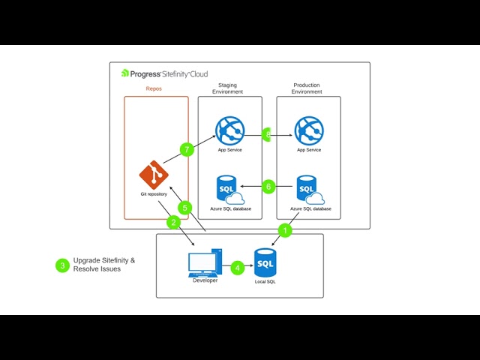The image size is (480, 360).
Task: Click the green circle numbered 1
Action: click(x=285, y=229)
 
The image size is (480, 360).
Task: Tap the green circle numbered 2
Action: click(x=173, y=223)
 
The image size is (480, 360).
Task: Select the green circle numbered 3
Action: click(x=62, y=265)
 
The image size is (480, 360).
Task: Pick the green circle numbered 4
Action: click(x=237, y=267)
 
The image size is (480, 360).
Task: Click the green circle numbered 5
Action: click(x=185, y=207)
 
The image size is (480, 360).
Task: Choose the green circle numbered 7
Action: click(x=187, y=149)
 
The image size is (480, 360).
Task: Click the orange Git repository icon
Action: click(x=154, y=175)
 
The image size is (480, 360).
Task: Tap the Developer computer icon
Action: click(x=203, y=262)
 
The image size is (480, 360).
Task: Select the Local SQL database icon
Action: click(x=265, y=262)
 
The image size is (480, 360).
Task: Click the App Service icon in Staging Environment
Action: click(x=230, y=130)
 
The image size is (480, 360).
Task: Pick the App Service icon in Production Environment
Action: click(x=308, y=130)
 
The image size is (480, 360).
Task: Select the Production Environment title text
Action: click(x=307, y=88)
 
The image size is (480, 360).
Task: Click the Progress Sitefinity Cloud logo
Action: click(x=164, y=73)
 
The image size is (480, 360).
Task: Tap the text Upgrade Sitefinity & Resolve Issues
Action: click(x=104, y=265)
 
